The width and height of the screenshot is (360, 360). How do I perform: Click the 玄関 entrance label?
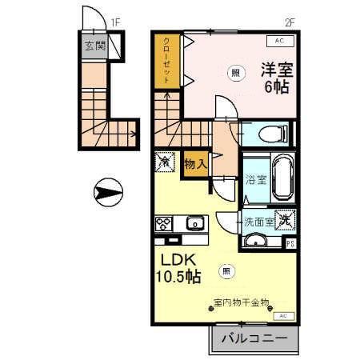tap(95, 46)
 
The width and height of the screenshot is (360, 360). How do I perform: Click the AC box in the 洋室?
tap(279, 40)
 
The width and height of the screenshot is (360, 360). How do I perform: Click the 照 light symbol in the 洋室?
tap(234, 70)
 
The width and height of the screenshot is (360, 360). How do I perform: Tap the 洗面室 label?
tap(260, 221)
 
